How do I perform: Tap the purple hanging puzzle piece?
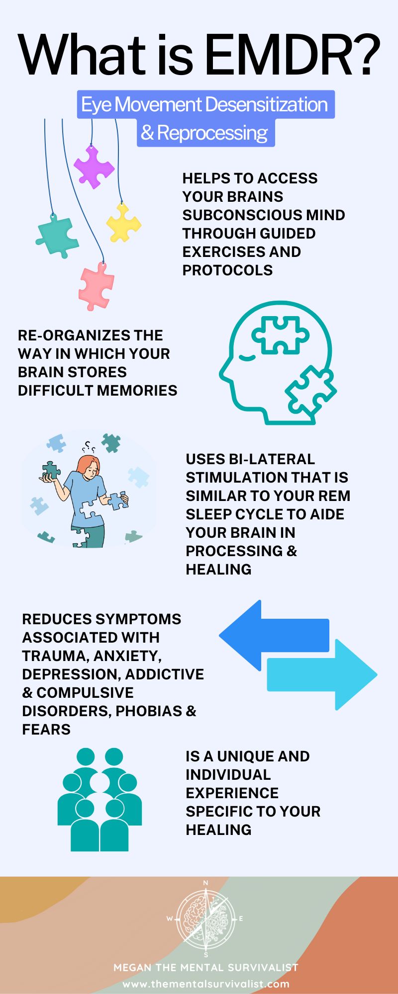(94, 166)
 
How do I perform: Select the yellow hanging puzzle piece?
(123, 223)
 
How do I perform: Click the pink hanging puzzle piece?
(96, 287)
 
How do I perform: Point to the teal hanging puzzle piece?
(57, 236)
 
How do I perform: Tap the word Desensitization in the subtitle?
(266, 105)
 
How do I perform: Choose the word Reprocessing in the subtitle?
(212, 133)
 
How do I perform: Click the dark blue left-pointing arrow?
(274, 635)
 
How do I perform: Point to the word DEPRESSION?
(72, 674)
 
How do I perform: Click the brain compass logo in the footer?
(206, 918)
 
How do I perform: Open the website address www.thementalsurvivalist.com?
(206, 984)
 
